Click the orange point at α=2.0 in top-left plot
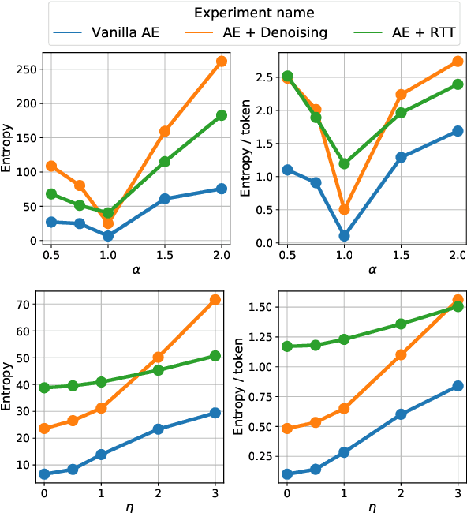click(x=222, y=61)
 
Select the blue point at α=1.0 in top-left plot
click(x=108, y=236)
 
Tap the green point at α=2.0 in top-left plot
click(x=222, y=115)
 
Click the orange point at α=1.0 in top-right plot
click(x=345, y=210)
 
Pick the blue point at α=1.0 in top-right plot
click(x=345, y=236)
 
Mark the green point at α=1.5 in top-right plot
click(x=402, y=113)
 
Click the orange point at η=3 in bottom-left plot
click(x=215, y=300)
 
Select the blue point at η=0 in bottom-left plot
click(x=44, y=474)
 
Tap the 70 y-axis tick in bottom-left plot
click(x=28, y=304)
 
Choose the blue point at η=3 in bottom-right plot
click(x=458, y=386)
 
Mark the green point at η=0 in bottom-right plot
click(x=286, y=346)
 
